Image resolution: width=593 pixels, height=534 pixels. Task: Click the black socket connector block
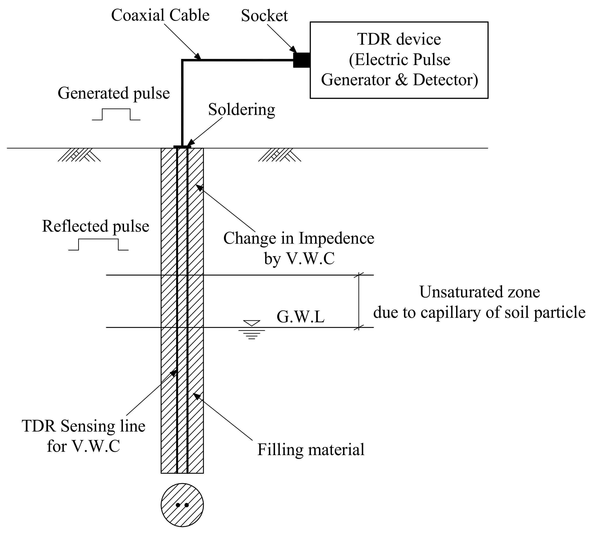tap(302, 60)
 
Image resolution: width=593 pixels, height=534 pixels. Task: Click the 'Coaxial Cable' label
tap(160, 15)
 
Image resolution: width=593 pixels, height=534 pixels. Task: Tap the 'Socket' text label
tap(264, 16)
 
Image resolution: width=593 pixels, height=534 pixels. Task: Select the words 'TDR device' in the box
tap(399, 39)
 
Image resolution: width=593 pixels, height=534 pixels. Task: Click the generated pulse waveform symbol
tap(116, 114)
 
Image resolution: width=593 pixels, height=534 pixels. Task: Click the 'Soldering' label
tap(241, 110)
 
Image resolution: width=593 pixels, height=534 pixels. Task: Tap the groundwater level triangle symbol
tap(251, 323)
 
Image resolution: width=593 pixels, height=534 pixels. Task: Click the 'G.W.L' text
tap(300, 317)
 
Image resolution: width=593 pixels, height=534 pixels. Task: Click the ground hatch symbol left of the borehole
tap(79, 155)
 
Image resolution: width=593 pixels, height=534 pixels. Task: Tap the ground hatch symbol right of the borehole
tap(279, 155)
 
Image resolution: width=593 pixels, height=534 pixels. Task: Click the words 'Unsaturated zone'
tap(479, 292)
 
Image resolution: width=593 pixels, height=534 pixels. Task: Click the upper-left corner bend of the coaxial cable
tap(182, 61)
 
